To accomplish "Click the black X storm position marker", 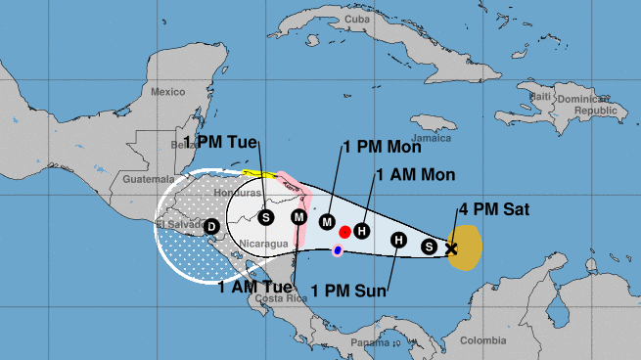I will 451,248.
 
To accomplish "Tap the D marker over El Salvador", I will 210,227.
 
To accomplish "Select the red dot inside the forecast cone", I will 345,233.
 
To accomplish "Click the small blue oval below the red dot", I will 338,251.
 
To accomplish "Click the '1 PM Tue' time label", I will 222,143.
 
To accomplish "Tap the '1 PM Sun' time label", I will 349,290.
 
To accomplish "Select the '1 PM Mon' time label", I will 382,149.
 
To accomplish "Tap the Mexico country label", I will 168,91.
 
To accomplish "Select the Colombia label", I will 482,340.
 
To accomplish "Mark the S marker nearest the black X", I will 429,246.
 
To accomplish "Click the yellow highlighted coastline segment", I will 259,174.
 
